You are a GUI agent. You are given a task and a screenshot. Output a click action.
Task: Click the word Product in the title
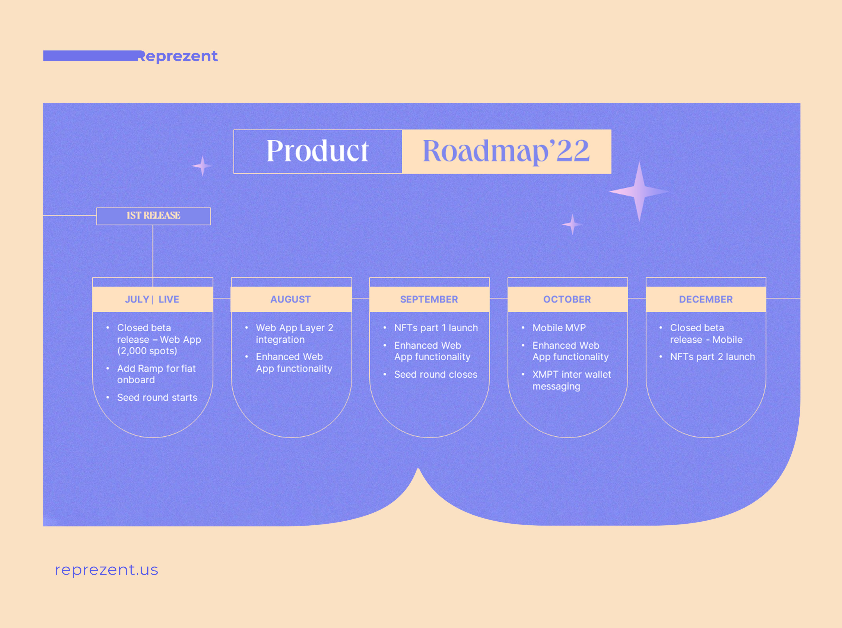point(317,151)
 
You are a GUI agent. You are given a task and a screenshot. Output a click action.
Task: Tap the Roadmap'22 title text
point(506,151)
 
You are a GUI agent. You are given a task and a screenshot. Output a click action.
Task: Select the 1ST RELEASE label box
point(153,216)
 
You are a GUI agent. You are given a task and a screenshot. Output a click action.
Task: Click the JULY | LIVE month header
point(152,300)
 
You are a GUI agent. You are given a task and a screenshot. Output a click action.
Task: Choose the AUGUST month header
point(291,300)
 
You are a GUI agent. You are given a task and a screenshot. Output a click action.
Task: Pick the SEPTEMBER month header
point(429,300)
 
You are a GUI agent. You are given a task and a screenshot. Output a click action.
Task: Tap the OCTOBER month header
point(567,300)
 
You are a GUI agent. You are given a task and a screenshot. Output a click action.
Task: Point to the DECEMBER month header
point(706,300)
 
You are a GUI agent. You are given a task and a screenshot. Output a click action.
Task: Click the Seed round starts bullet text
point(157,398)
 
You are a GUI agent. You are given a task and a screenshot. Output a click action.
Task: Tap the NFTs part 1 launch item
point(436,328)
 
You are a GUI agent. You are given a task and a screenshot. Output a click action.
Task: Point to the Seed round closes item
point(436,374)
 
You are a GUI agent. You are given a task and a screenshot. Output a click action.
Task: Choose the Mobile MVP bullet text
point(559,328)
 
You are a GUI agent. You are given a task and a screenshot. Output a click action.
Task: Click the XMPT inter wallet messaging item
point(571,380)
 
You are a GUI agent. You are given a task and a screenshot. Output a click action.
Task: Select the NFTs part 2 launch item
point(712,357)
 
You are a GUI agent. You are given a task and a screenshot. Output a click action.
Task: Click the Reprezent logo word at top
point(178,56)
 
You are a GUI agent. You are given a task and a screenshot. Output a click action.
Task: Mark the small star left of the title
point(202,166)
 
